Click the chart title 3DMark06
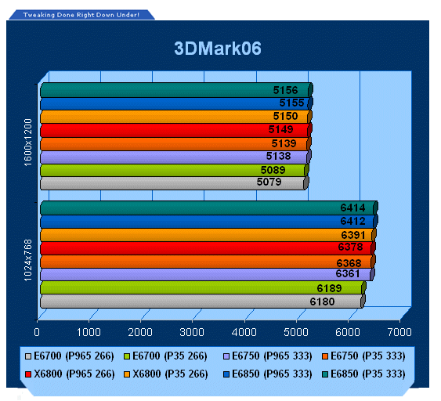click(218, 49)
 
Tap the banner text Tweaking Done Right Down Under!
click(81, 15)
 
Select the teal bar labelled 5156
click(176, 90)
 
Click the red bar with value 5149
click(176, 131)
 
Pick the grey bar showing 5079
click(175, 183)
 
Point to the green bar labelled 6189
click(203, 288)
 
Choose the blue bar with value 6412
click(209, 222)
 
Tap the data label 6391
click(353, 235)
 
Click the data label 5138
click(278, 156)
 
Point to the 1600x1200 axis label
click(28, 143)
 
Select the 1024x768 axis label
click(28, 260)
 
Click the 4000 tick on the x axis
click(244, 332)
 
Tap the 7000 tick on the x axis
click(399, 332)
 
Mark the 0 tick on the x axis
click(37, 332)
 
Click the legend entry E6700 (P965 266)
click(70, 356)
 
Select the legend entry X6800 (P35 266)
click(166, 374)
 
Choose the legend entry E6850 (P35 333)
click(363, 374)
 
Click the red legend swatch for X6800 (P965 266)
click(28, 374)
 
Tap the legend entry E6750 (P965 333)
click(267, 356)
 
